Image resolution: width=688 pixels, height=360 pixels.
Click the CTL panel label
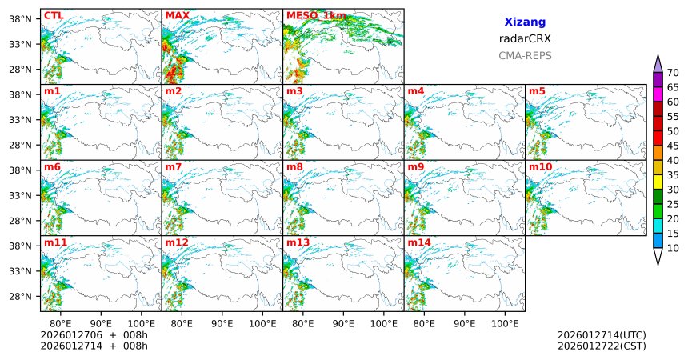pyautogui.click(x=53, y=15)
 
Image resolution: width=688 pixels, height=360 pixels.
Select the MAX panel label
pyautogui.click(x=177, y=15)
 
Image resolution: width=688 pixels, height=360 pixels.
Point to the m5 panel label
pyautogui.click(x=537, y=91)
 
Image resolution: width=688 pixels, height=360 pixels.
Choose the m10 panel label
pyautogui.click(x=540, y=166)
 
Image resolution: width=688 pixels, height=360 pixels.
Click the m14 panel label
pyautogui.click(x=419, y=242)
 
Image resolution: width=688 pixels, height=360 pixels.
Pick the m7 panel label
pyautogui.click(x=174, y=166)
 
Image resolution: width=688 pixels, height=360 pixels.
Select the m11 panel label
pyautogui.click(x=55, y=242)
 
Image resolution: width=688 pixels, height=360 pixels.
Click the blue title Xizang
pyautogui.click(x=525, y=22)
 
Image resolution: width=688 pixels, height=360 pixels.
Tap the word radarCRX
pyautogui.click(x=525, y=38)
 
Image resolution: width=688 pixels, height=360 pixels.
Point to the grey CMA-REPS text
pyautogui.click(x=525, y=55)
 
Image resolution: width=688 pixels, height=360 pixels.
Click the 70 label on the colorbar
pyautogui.click(x=674, y=72)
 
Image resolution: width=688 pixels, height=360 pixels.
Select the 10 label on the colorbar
pyautogui.click(x=674, y=249)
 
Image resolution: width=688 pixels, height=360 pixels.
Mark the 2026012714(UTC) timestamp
pyautogui.click(x=602, y=334)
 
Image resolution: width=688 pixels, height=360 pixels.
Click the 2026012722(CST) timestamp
pyautogui.click(x=602, y=346)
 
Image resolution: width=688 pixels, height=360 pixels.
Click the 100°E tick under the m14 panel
pyautogui.click(x=505, y=323)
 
